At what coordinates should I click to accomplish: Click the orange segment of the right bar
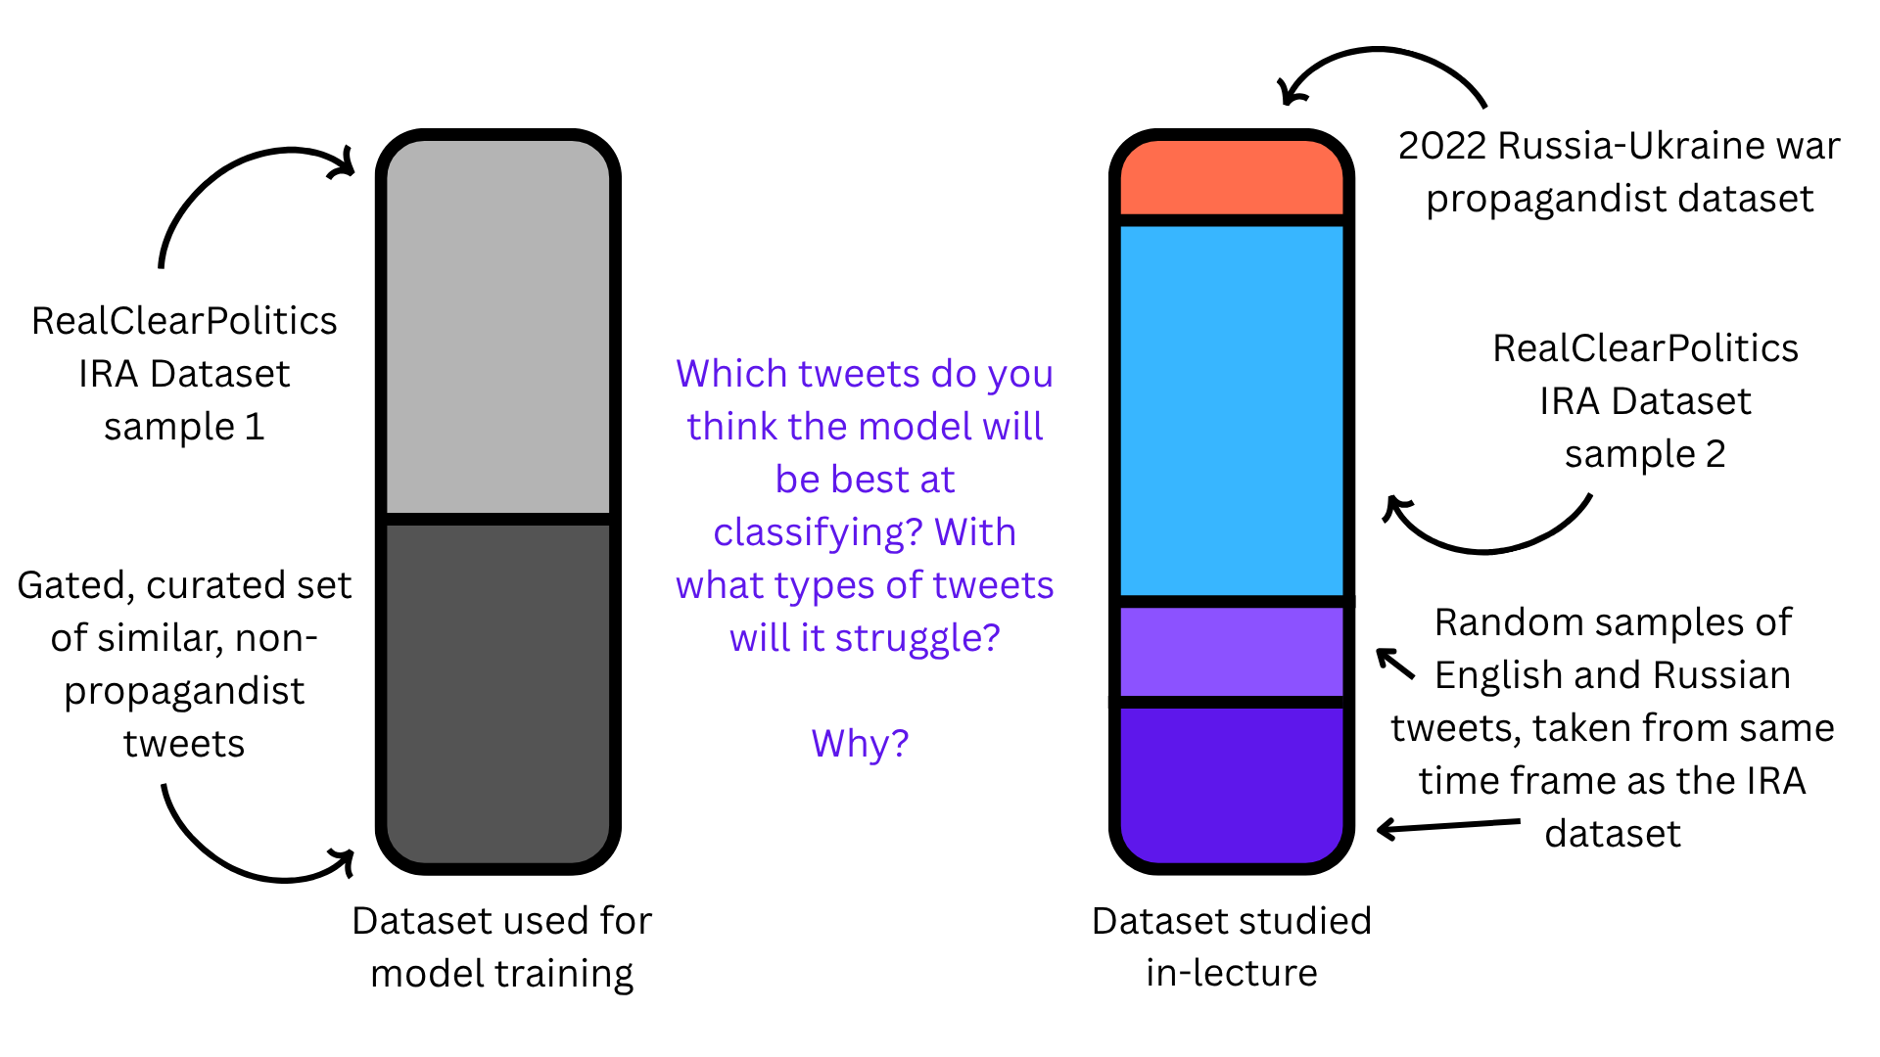click(1232, 178)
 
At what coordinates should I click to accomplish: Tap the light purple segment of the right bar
click(1232, 652)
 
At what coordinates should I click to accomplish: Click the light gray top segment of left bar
click(498, 327)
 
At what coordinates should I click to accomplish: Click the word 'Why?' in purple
click(860, 744)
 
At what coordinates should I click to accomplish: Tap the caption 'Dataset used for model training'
click(501, 946)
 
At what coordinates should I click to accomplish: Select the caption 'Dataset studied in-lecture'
click(1232, 946)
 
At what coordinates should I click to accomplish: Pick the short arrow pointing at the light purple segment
click(1396, 664)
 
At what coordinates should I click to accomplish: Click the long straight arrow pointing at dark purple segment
click(1449, 827)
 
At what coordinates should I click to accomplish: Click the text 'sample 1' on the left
click(184, 428)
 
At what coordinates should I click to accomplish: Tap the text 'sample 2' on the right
click(1645, 455)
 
